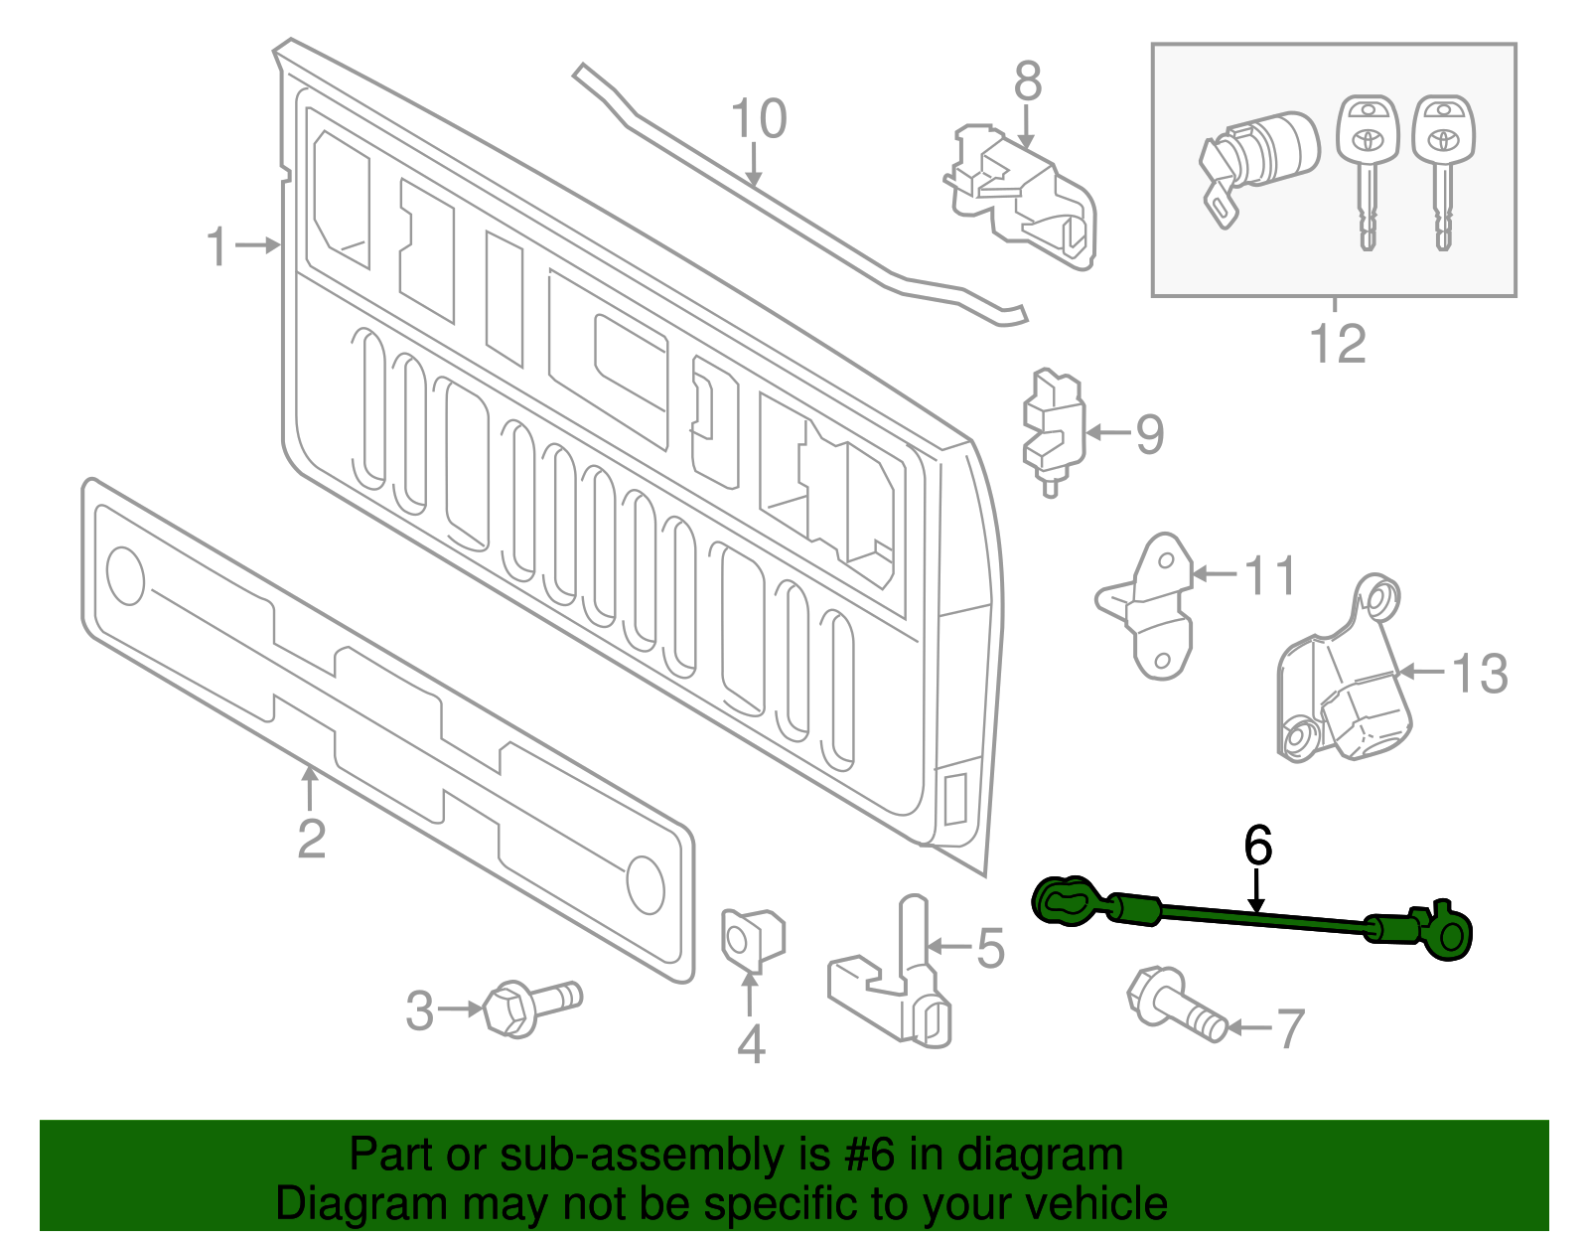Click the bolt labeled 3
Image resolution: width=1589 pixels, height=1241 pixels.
(x=531, y=1006)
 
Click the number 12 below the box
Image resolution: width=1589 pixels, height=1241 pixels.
(x=1337, y=344)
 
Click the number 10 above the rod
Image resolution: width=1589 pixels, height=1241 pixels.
(x=759, y=119)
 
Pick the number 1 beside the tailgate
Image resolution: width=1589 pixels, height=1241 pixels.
(x=217, y=246)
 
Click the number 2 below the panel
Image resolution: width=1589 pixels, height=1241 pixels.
(x=311, y=840)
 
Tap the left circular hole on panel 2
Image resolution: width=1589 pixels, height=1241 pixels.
(x=125, y=575)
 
